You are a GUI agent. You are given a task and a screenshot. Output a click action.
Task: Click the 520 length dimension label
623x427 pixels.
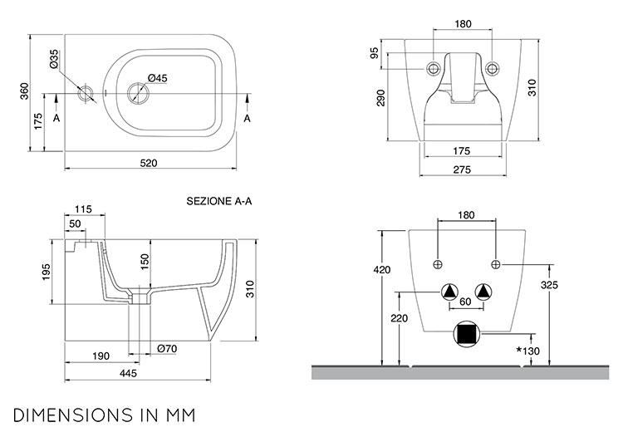pos(149,163)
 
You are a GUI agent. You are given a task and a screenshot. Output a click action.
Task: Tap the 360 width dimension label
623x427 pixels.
pos(25,91)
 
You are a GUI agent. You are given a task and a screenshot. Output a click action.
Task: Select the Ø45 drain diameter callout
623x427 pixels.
pos(158,78)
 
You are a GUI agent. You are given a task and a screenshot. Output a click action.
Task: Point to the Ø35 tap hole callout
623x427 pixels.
pos(54,59)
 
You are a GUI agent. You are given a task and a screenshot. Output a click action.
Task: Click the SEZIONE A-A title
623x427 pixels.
pos(219,201)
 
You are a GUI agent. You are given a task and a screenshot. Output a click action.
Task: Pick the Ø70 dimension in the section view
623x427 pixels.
pos(167,349)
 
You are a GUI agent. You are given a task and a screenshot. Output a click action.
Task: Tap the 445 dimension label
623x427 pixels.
pos(128,373)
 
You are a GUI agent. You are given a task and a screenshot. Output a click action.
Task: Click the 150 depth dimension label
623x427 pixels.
pos(145,262)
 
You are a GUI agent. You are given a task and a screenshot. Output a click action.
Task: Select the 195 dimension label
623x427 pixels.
pos(47,272)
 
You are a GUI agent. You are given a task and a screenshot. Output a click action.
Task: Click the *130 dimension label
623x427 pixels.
pos(528,351)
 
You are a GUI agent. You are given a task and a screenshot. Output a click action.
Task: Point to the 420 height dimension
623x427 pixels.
pos(382,270)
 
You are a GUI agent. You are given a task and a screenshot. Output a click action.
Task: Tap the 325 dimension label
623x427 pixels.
pos(550,285)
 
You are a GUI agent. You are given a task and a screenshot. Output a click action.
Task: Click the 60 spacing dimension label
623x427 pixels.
pos(465,302)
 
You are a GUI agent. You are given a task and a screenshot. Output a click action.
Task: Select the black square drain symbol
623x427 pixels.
pos(467,334)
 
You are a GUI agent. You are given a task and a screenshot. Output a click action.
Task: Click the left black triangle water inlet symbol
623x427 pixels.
pos(449,292)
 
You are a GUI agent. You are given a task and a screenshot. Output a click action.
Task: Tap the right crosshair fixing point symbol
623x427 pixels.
pos(495,264)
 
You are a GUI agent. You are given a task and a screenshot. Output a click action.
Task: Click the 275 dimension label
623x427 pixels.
pos(462,169)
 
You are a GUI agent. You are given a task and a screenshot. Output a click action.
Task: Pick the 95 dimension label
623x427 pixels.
pos(375,53)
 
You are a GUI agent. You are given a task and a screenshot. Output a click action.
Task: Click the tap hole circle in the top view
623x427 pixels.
pos(86,94)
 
